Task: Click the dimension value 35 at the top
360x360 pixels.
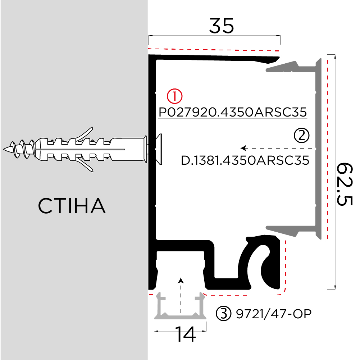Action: [x=222, y=26]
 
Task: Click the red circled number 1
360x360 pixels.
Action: [x=175, y=96]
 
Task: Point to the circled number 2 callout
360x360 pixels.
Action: [x=301, y=135]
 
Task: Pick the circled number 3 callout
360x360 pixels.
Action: [x=223, y=314]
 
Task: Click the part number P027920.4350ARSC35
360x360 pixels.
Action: [x=233, y=112]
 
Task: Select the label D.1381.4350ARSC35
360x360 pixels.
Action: [x=245, y=160]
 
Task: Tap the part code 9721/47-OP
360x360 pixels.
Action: [x=273, y=314]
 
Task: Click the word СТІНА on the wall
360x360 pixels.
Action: [x=72, y=206]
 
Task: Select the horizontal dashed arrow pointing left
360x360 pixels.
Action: [x=277, y=148]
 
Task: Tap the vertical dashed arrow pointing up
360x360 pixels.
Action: [x=181, y=295]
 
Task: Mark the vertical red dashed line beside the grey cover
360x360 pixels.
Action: [x=327, y=147]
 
